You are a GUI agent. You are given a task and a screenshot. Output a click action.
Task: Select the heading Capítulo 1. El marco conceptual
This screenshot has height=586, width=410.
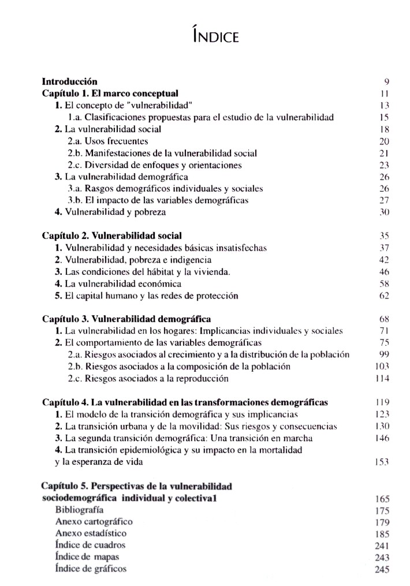110,94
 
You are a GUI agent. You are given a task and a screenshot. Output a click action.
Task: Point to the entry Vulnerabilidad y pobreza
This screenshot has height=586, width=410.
110,212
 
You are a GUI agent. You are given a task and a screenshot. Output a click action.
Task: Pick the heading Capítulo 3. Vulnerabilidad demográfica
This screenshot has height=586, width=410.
126,319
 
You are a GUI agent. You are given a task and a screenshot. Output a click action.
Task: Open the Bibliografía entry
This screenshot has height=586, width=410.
79,510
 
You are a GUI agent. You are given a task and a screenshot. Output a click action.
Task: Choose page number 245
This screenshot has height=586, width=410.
382,569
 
